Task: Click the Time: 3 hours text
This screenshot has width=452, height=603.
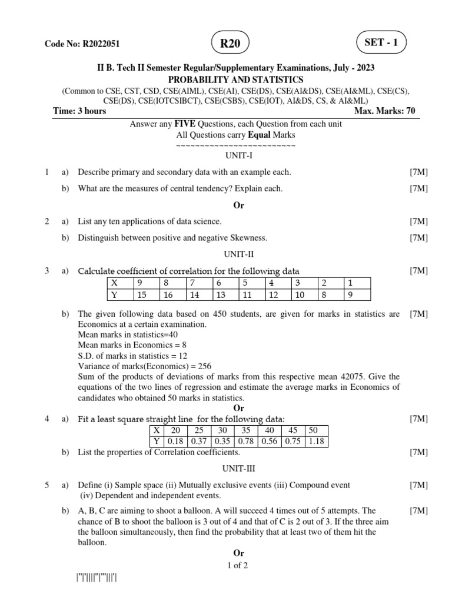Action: click(79, 111)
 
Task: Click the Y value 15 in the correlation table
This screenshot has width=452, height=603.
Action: click(141, 295)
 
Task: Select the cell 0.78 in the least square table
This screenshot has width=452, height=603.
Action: click(246, 441)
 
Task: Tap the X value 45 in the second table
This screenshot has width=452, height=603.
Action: click(293, 430)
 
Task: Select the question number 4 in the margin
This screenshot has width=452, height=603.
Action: click(46, 419)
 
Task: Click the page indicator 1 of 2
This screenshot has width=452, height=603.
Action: click(237, 565)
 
